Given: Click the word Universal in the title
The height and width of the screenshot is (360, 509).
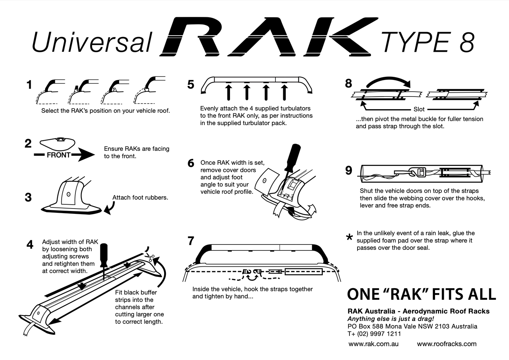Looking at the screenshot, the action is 92,42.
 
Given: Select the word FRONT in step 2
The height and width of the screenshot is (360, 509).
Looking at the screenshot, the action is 58,155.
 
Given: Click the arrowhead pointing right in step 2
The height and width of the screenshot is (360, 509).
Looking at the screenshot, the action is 86,155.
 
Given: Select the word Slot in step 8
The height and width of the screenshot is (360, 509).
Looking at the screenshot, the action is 419,109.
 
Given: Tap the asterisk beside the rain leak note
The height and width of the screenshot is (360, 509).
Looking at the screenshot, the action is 349,238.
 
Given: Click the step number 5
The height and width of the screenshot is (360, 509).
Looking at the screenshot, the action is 191,85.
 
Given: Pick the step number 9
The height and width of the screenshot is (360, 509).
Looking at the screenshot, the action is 349,170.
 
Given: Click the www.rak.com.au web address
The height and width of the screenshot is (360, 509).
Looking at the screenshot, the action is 373,344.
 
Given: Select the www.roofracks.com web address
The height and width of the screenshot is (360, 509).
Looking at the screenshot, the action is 447,344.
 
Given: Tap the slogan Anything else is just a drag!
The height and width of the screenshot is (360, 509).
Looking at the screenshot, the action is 391,319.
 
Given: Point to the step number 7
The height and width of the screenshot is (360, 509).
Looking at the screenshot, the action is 191,241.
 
